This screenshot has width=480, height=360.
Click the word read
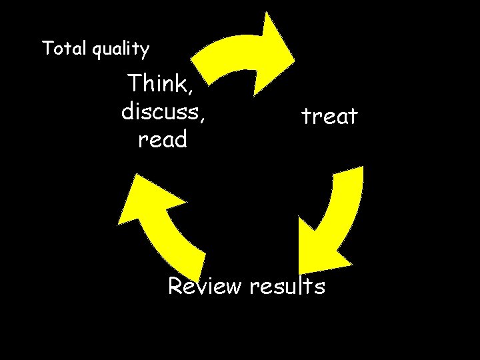click(x=163, y=139)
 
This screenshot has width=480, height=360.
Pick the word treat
click(x=329, y=117)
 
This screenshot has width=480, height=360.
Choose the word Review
click(x=205, y=286)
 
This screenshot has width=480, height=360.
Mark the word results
click(x=287, y=286)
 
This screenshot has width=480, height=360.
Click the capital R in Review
click(x=176, y=286)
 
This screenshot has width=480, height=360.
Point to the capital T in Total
click(x=47, y=48)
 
